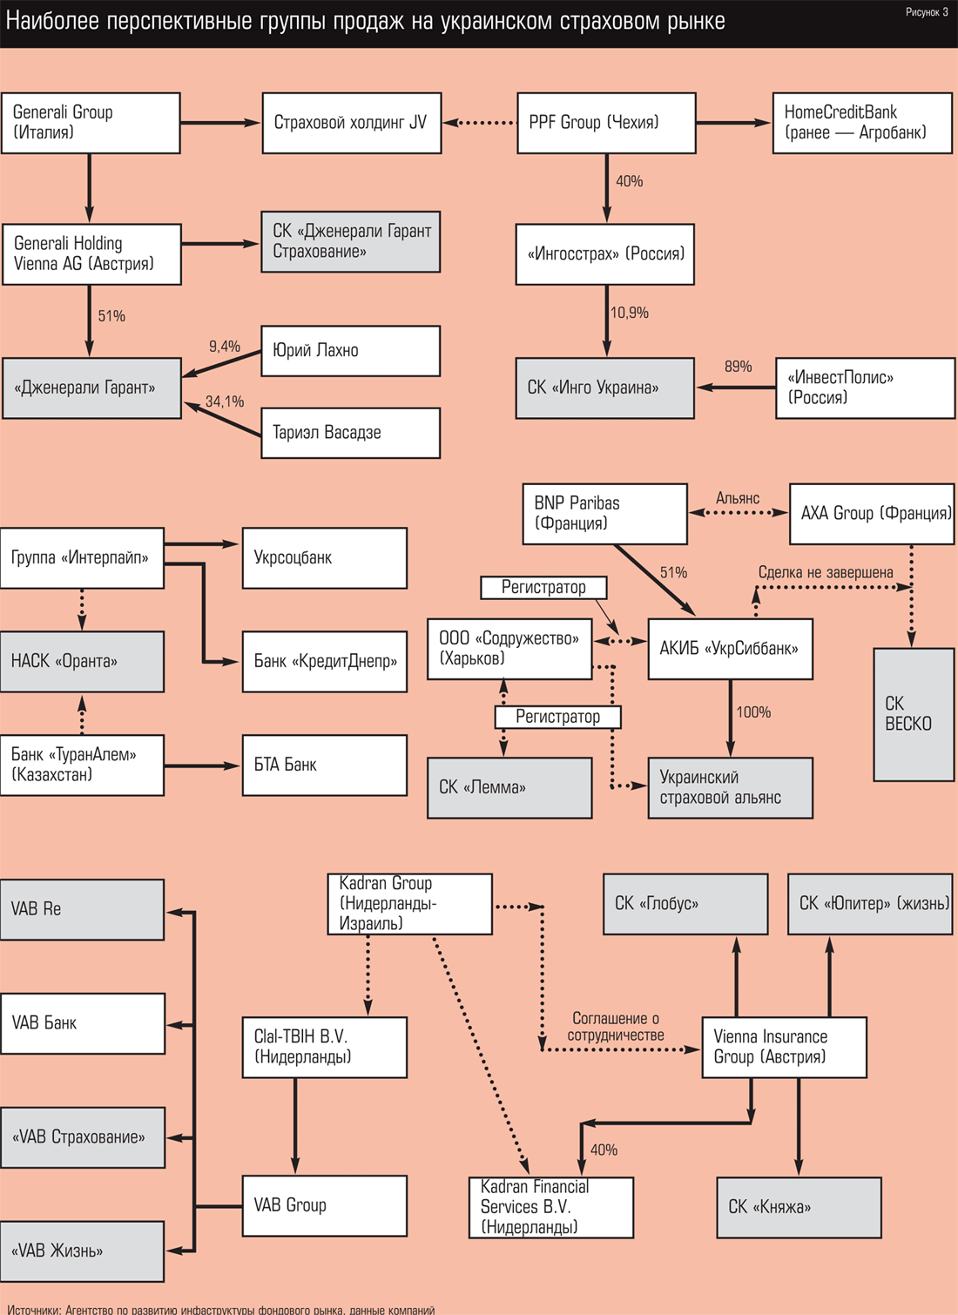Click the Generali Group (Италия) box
[x=91, y=123]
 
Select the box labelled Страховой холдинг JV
[x=352, y=123]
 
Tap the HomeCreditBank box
[x=861, y=123]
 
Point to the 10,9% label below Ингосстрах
[x=630, y=313]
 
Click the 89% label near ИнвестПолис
[x=738, y=367]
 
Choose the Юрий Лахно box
[x=350, y=351]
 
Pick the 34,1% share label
[x=225, y=401]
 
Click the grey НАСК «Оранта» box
[x=82, y=662]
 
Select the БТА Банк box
[x=324, y=765]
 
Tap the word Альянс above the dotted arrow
[x=738, y=498]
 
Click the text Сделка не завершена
[x=826, y=572]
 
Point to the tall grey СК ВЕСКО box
[x=914, y=714]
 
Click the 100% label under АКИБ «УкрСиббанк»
[x=753, y=712]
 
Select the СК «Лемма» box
[x=509, y=787]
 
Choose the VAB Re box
[x=82, y=909]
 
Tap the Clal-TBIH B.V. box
[x=324, y=1047]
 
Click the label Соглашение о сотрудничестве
[x=616, y=1027]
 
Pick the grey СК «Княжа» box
[x=799, y=1207]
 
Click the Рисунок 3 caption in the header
[x=927, y=12]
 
